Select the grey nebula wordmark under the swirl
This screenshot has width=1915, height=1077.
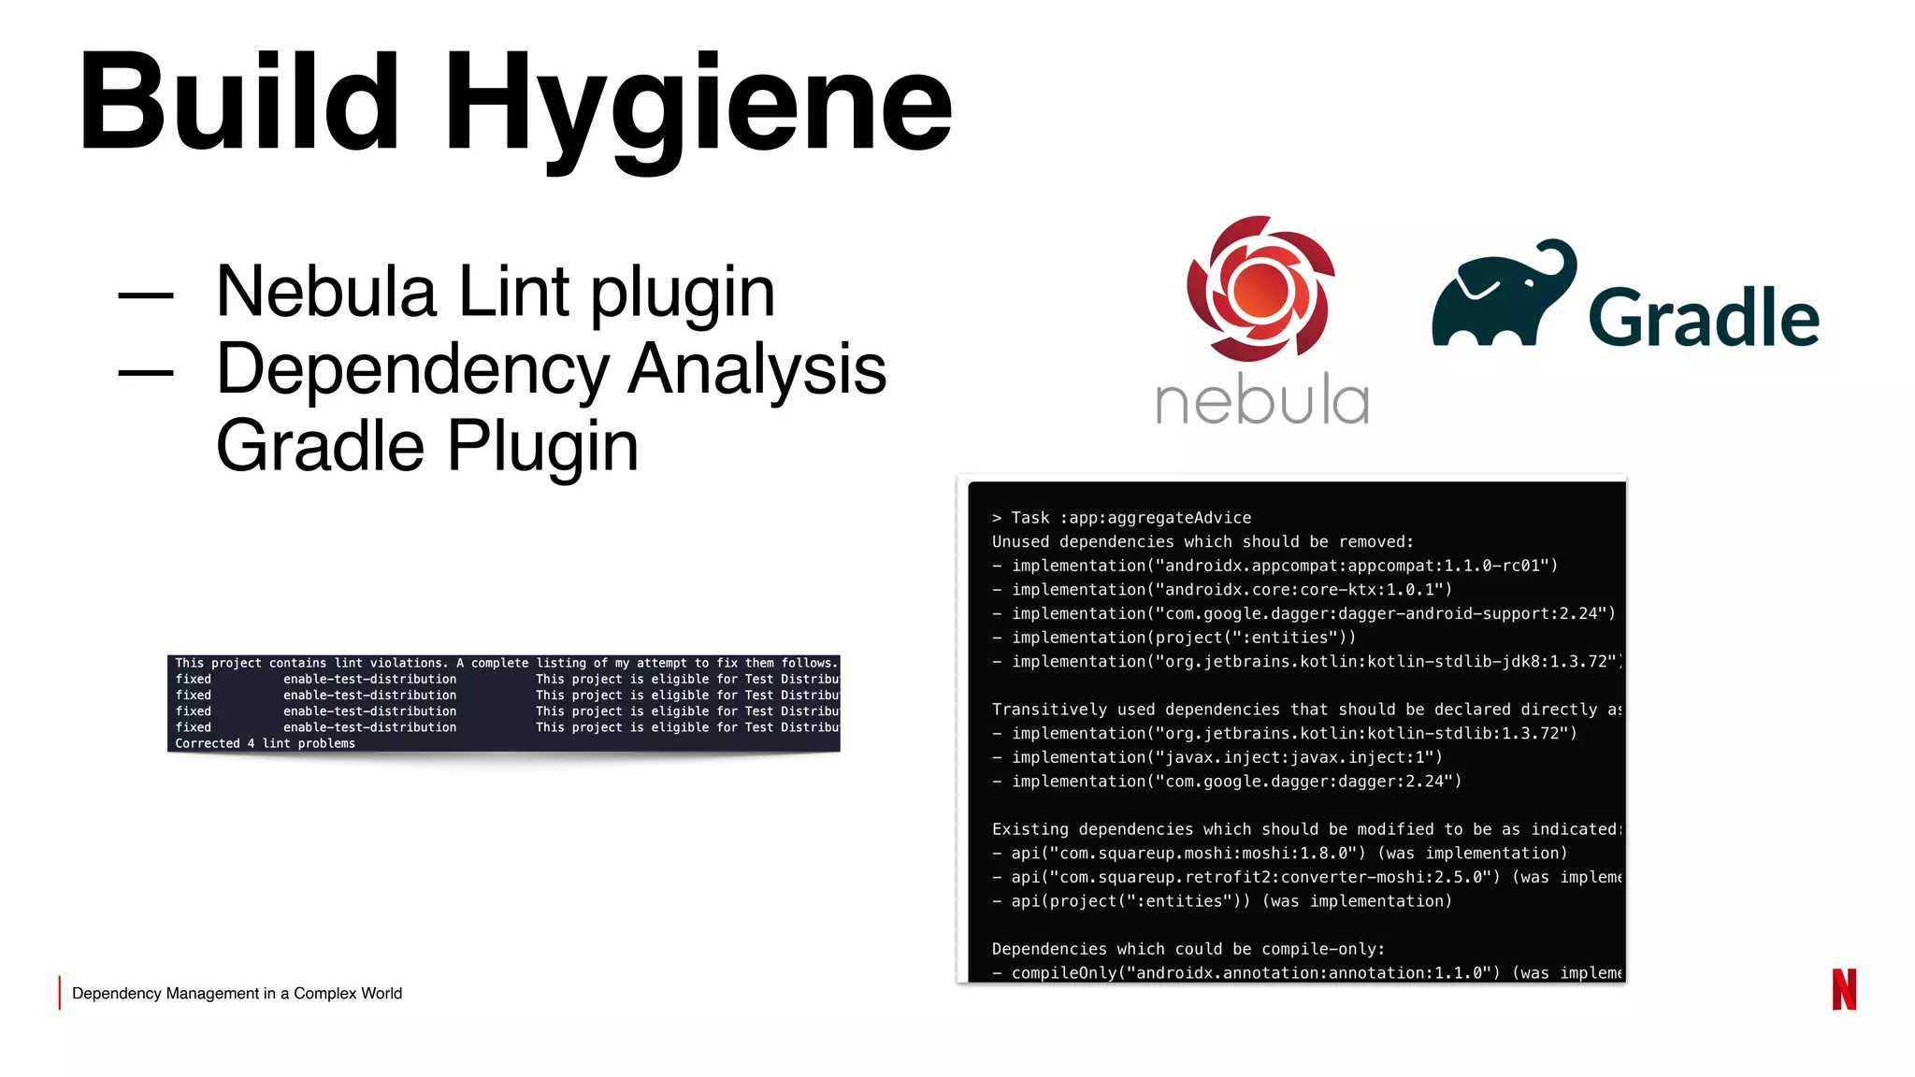point(1262,401)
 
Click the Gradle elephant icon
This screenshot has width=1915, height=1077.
point(1502,295)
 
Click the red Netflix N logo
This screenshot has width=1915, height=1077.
point(1844,989)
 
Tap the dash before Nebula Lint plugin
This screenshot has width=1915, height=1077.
point(145,295)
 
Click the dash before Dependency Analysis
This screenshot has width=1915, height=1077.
point(145,372)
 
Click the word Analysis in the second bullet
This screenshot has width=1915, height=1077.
point(756,369)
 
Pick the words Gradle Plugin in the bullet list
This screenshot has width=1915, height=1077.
point(426,446)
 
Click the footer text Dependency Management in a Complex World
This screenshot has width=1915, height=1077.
point(237,993)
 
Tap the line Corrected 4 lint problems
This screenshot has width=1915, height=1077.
point(265,743)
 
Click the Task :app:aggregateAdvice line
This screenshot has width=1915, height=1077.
point(1121,518)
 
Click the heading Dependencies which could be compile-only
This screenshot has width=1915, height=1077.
point(1188,949)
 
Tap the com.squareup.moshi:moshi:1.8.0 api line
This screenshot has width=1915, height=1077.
point(1279,854)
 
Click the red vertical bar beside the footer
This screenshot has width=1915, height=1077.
point(60,993)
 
